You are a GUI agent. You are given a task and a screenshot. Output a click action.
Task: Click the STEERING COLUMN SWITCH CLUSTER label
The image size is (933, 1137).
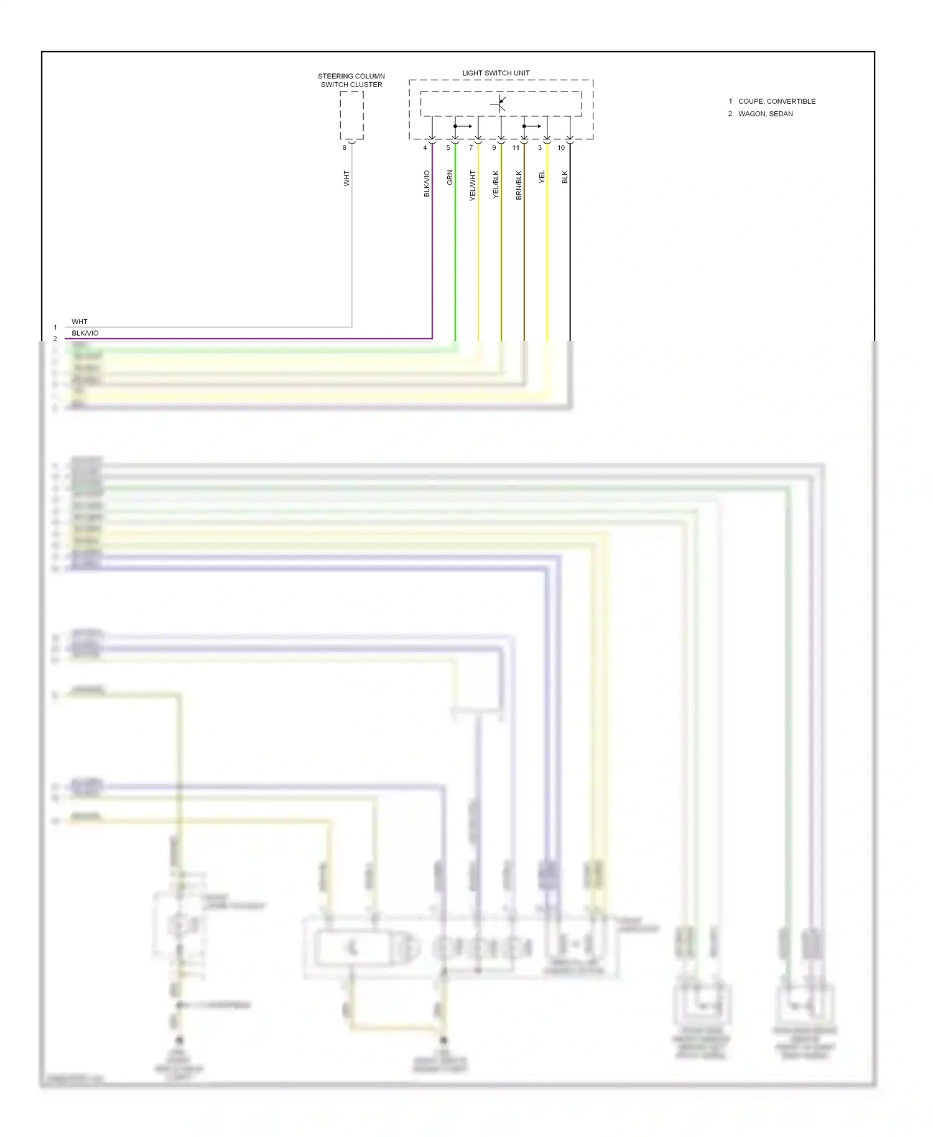point(351,80)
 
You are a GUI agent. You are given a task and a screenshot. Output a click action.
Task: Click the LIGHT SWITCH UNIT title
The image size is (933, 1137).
point(496,73)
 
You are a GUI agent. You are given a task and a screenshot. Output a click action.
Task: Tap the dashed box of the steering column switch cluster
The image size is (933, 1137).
point(351,115)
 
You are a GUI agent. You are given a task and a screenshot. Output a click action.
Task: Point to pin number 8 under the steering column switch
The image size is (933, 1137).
point(345,148)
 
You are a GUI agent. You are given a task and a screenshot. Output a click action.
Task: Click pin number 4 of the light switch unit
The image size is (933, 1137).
point(425,148)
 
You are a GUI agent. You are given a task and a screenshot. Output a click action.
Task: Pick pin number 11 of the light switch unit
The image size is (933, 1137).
point(516,148)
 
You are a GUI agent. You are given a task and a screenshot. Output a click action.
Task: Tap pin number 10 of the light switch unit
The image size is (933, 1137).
point(561,148)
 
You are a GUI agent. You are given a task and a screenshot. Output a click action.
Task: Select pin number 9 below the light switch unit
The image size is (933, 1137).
point(494,148)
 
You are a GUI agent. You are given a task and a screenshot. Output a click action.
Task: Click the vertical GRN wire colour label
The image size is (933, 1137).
point(450,177)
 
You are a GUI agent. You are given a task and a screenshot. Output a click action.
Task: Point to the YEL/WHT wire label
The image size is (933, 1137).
point(473,185)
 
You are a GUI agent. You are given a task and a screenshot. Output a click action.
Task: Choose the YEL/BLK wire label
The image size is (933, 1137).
point(496,184)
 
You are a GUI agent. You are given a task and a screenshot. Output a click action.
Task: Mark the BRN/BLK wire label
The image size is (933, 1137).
point(519,185)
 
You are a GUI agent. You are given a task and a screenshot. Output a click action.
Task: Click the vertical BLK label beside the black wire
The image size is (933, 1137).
point(565,177)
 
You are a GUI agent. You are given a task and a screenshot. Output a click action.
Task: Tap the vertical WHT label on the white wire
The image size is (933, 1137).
point(346,178)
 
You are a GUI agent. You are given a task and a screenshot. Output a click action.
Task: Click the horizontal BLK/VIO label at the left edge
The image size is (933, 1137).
point(85,333)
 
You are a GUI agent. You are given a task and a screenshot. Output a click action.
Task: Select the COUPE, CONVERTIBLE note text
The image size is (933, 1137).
point(776,101)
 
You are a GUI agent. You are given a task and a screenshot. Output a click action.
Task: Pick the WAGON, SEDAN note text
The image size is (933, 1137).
point(765,114)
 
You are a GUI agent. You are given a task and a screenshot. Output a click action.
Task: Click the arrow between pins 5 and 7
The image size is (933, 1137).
point(464,126)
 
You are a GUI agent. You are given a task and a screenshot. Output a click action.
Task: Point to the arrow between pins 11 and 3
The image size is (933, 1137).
point(533,126)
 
